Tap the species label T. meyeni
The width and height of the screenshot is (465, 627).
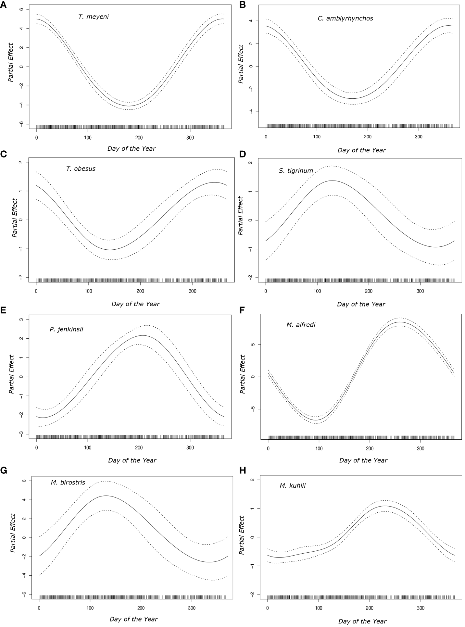(93, 17)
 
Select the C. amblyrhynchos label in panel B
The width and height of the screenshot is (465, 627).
(345, 19)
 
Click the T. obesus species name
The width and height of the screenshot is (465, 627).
(81, 169)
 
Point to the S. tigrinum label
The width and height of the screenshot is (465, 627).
(295, 171)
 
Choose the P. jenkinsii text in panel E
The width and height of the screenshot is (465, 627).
(66, 329)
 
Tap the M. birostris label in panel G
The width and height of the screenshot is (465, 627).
(68, 483)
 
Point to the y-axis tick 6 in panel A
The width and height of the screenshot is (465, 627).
(21, 9)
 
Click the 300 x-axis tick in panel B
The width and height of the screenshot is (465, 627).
(419, 137)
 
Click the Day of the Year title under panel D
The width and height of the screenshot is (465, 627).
(361, 304)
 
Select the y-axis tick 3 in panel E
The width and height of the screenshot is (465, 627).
(21, 320)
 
